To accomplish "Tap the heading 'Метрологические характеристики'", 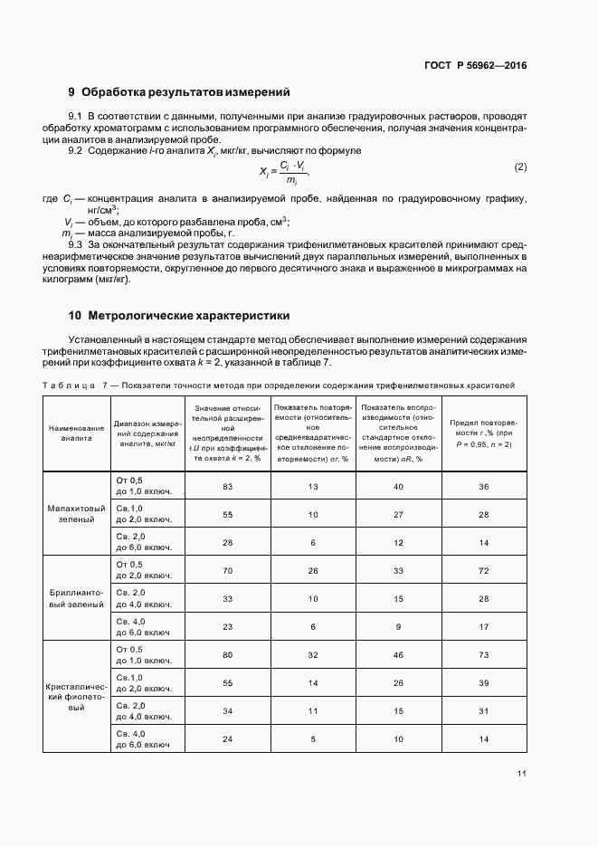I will (x=185, y=316).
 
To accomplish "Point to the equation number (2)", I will (x=520, y=167).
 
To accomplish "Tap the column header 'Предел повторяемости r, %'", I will (x=483, y=431).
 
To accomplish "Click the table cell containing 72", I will (x=483, y=572).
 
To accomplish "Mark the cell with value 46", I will (x=398, y=654).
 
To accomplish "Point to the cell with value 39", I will (x=483, y=682).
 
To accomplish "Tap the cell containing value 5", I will (x=313, y=739).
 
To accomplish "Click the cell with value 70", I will (x=228, y=572).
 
